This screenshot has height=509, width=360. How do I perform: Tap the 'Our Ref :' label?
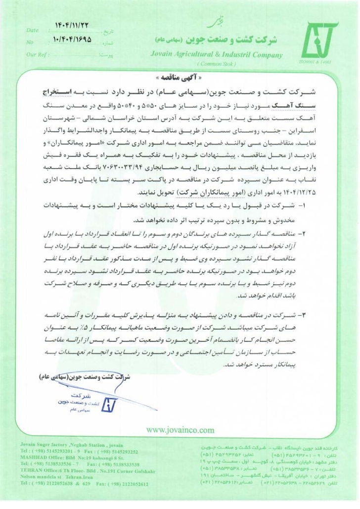click(x=40, y=54)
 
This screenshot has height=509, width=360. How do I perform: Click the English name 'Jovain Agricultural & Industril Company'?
click(x=216, y=54)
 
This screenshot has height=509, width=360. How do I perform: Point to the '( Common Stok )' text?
click(x=216, y=64)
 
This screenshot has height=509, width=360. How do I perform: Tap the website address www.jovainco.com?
click(x=180, y=430)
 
